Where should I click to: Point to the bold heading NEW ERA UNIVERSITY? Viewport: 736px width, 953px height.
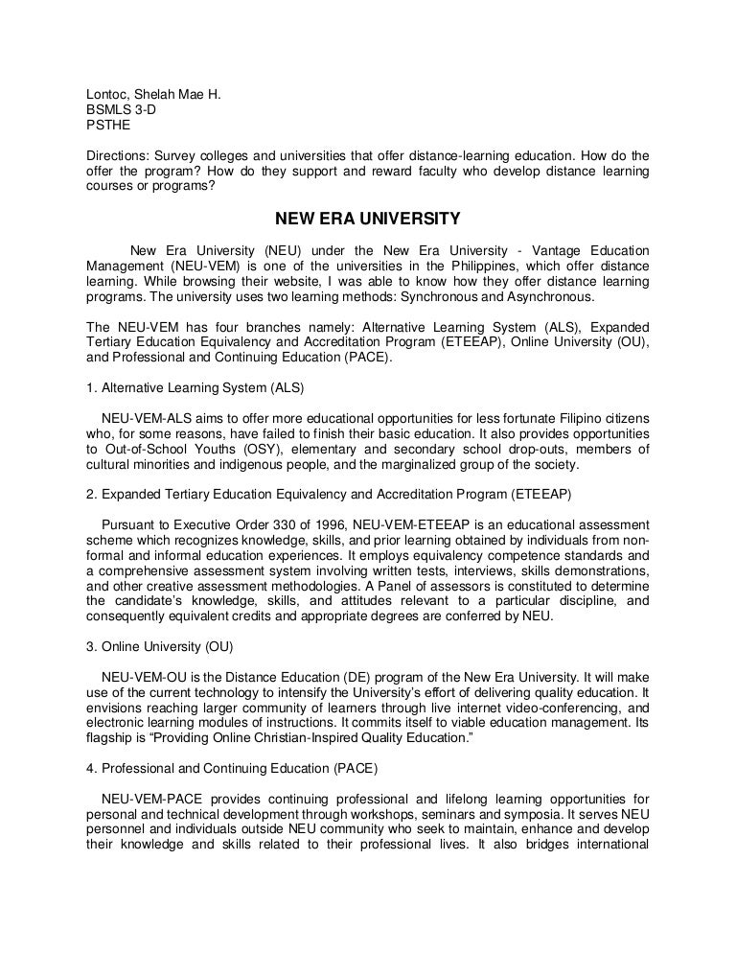pyautogui.click(x=368, y=219)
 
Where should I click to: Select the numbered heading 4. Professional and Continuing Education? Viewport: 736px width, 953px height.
pyautogui.click(x=231, y=767)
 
